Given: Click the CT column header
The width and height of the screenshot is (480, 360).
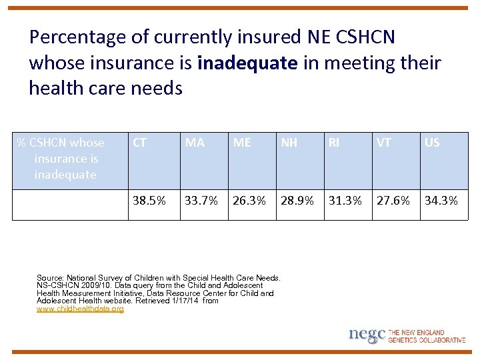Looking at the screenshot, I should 140,143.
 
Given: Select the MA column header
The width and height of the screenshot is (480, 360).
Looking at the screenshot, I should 195,143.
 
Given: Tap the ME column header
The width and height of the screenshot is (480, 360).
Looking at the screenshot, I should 242,143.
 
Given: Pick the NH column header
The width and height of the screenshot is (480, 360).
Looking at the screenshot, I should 289,143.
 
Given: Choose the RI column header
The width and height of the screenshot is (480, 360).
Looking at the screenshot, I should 333,143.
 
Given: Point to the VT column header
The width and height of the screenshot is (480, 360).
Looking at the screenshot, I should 384,143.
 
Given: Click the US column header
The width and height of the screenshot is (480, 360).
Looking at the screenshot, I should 432,143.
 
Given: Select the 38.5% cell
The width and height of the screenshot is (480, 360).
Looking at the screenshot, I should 149,201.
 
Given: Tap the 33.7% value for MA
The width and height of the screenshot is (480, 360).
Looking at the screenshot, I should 201,201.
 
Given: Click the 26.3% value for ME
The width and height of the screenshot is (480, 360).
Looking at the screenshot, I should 249,201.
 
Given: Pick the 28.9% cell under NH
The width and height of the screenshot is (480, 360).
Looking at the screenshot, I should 297,201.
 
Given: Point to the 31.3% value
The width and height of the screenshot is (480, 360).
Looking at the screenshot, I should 345,201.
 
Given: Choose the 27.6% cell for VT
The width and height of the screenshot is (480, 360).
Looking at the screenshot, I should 393,201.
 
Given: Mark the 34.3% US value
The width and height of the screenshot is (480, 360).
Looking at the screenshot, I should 441,201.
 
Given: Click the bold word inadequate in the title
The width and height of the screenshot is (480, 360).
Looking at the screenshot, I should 248,63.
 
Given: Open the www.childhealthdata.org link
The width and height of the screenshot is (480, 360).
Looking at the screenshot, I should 80,309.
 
